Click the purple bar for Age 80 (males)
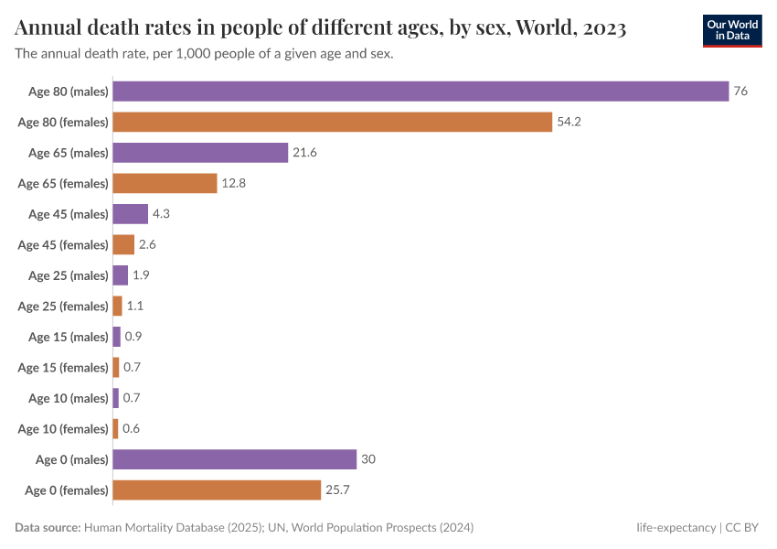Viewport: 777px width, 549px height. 420,91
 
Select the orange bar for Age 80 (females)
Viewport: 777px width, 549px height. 333,122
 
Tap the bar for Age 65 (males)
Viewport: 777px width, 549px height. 200,153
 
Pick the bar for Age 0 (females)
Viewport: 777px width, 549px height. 217,490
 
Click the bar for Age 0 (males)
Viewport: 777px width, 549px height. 234,459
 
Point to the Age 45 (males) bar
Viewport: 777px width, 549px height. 130,214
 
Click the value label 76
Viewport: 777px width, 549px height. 740,91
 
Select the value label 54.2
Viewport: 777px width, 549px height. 569,122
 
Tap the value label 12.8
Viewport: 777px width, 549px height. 234,183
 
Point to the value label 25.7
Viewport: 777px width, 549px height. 337,490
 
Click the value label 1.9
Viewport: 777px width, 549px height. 141,275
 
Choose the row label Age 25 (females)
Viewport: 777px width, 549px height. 63,306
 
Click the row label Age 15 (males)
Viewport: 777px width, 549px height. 69,337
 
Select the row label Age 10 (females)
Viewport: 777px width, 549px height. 63,428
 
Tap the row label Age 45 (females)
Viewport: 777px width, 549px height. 63,244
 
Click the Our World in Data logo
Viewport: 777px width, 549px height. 731,30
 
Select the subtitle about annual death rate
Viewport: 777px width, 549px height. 204,54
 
